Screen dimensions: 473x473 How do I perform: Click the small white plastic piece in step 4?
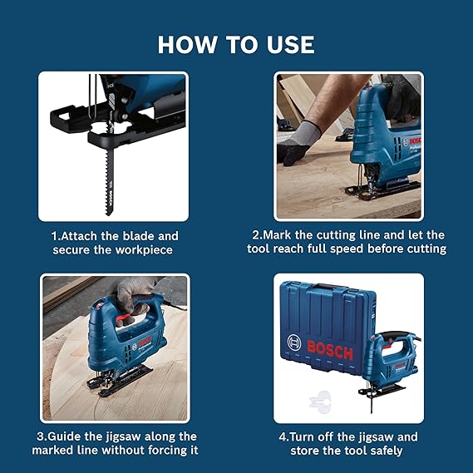coord(314,401)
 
